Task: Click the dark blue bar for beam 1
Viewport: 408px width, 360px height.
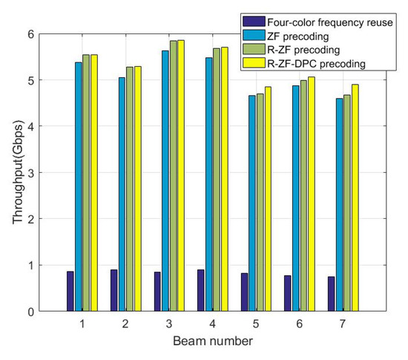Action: coord(70,291)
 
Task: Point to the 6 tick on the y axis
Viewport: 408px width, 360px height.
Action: coord(31,34)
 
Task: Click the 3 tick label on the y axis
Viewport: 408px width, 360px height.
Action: coord(31,173)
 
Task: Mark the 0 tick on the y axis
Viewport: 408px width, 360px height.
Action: coord(31,312)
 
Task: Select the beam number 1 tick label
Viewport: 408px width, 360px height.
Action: coord(82,324)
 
